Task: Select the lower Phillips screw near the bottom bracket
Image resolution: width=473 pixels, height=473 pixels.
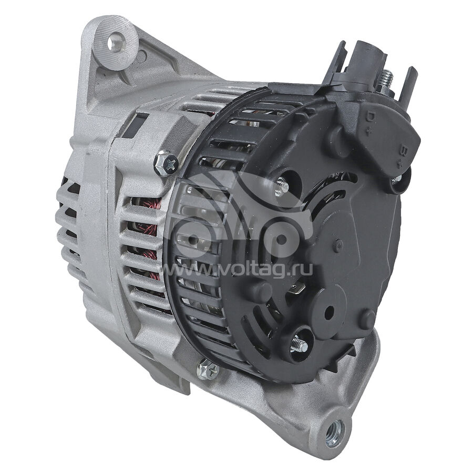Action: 208,371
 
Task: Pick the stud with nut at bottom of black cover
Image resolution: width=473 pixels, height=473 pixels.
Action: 298,344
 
